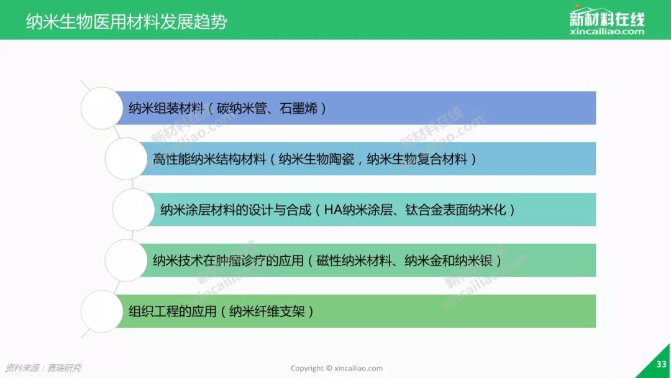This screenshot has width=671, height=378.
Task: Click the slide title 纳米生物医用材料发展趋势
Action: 126,22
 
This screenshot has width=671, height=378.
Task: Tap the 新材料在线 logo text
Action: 607,19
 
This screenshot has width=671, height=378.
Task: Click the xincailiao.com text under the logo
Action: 607,32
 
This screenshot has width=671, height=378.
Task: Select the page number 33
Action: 661,364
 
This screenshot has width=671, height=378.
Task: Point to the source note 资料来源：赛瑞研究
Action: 43,367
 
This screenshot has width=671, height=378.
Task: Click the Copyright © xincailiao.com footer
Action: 336,368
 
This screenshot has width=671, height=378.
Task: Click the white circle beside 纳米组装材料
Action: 102,108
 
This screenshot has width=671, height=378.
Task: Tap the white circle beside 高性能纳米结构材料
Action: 126,159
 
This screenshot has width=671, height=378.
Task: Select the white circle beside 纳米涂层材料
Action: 134,210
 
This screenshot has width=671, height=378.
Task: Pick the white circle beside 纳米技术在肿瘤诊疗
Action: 126,260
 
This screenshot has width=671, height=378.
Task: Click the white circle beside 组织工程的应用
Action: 102,311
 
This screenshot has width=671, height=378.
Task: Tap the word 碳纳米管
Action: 242,108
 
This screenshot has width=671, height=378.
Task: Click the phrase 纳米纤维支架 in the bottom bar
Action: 267,311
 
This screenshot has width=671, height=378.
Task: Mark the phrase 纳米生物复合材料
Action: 418,159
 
